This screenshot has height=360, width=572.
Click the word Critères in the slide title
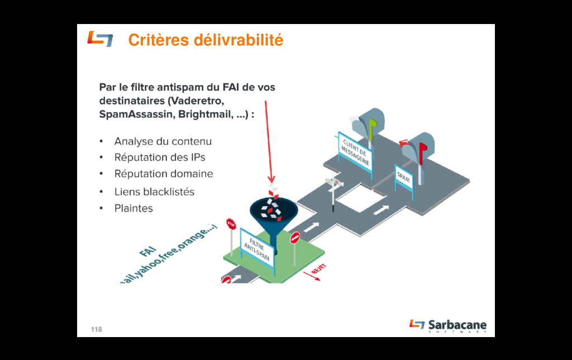pyautogui.click(x=158, y=40)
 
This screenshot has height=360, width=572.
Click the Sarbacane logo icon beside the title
pyautogui.click(x=99, y=39)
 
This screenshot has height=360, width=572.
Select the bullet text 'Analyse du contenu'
pyautogui.click(x=163, y=141)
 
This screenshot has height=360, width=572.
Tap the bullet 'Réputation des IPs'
pyautogui.click(x=160, y=158)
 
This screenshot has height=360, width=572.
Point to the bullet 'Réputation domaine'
pyautogui.click(x=164, y=174)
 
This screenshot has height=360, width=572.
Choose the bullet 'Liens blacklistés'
pyautogui.click(x=154, y=192)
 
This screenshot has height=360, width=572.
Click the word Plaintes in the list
pyautogui.click(x=134, y=209)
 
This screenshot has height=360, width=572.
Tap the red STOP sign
pyautogui.click(x=231, y=224)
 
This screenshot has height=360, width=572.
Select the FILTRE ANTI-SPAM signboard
pyautogui.click(x=258, y=249)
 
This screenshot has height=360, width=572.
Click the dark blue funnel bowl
pyautogui.click(x=274, y=212)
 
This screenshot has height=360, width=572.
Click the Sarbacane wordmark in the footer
pyautogui.click(x=457, y=325)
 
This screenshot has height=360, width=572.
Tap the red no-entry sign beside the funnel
pyautogui.click(x=294, y=238)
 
